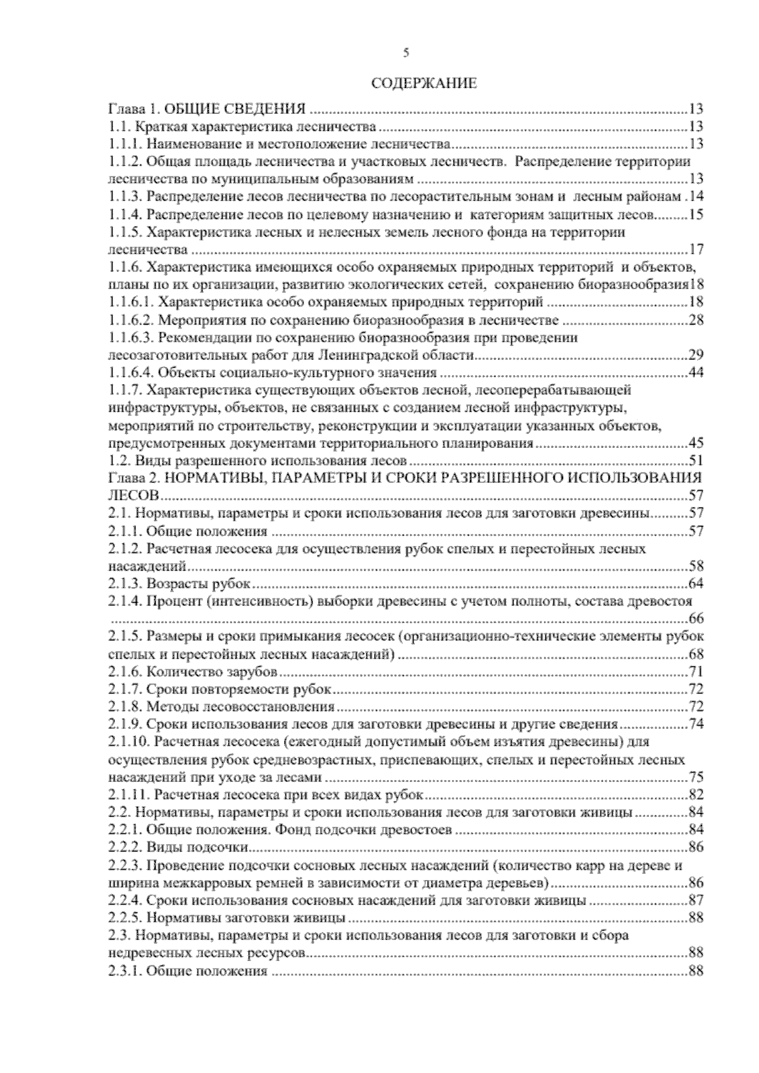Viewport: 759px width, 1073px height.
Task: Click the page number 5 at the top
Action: click(x=405, y=54)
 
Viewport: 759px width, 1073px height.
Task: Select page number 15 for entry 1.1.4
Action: click(x=696, y=214)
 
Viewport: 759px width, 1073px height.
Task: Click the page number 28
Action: click(x=696, y=319)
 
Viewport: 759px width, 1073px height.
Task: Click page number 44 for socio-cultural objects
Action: click(x=696, y=372)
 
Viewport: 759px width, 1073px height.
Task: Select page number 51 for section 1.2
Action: click(x=696, y=460)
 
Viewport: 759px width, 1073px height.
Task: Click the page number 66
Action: click(x=696, y=618)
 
